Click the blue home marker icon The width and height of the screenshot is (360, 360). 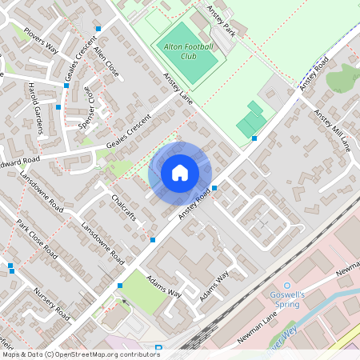point(179,172)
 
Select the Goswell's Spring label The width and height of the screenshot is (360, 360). point(290,299)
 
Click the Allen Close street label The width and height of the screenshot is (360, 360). point(106,61)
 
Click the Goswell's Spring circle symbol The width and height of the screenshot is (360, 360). point(285,284)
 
